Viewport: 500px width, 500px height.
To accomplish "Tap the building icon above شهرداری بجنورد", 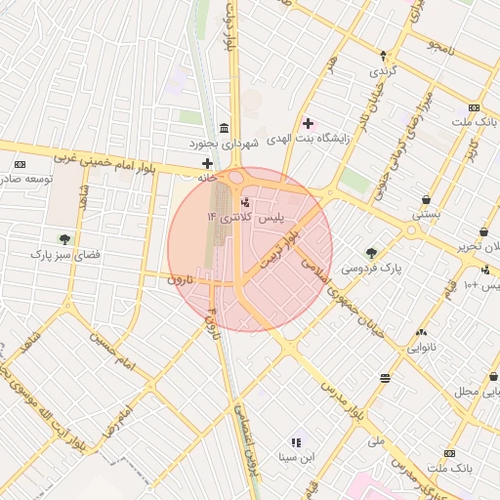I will coord(225,129).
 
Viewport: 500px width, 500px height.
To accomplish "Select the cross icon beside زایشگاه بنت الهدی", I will coord(309,123).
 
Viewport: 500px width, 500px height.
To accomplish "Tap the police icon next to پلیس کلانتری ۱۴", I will coord(244,202).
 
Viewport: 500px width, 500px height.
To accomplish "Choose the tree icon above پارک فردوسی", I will coord(371,253).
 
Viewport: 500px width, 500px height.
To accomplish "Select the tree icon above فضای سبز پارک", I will coord(64,238).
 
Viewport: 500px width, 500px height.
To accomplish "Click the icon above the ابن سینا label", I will coord(295,442).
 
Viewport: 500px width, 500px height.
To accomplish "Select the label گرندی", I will coord(382,72).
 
